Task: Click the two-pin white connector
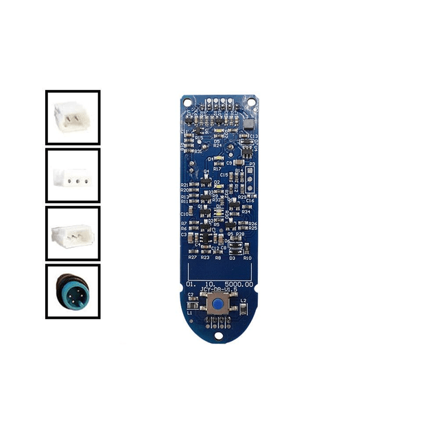[73, 117]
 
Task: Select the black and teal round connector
[73, 291]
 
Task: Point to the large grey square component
[248, 124]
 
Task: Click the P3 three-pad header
[252, 178]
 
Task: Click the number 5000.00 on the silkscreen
[239, 283]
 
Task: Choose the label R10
[247, 258]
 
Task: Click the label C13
[254, 137]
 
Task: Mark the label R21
[185, 185]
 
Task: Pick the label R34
[246, 212]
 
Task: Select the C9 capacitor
[230, 162]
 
